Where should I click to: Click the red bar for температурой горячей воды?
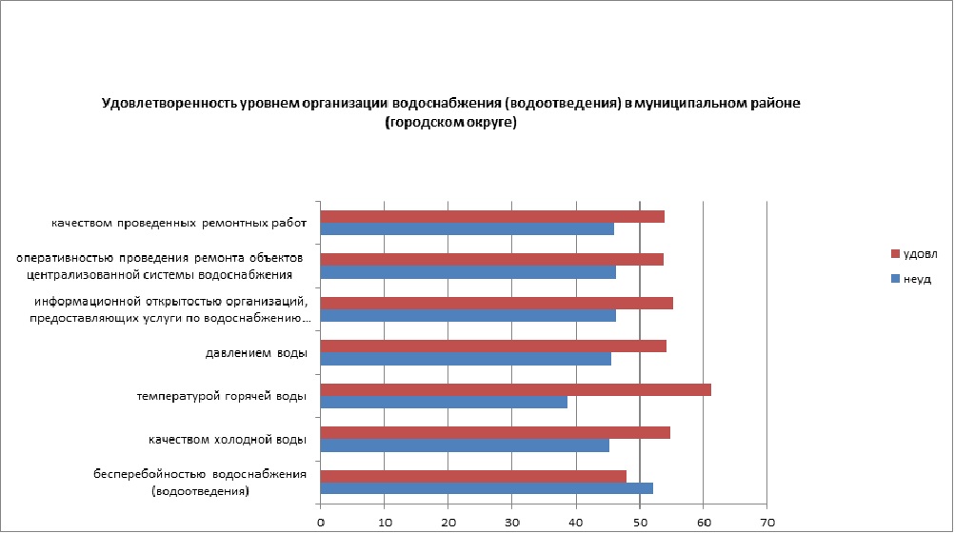point(515,389)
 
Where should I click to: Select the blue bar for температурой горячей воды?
point(444,403)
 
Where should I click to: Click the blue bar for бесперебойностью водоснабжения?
point(487,488)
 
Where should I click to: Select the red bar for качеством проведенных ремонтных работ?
point(492,216)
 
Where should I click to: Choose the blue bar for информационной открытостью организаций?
point(468,316)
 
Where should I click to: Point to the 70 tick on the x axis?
point(766,522)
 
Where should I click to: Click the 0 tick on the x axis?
point(321,522)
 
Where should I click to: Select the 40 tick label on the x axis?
point(575,522)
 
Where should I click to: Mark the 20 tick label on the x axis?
point(448,522)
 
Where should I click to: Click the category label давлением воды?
point(256,353)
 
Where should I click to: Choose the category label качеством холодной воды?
point(227,440)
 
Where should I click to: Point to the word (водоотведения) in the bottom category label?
point(200,492)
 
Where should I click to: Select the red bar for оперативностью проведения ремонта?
point(491,260)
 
